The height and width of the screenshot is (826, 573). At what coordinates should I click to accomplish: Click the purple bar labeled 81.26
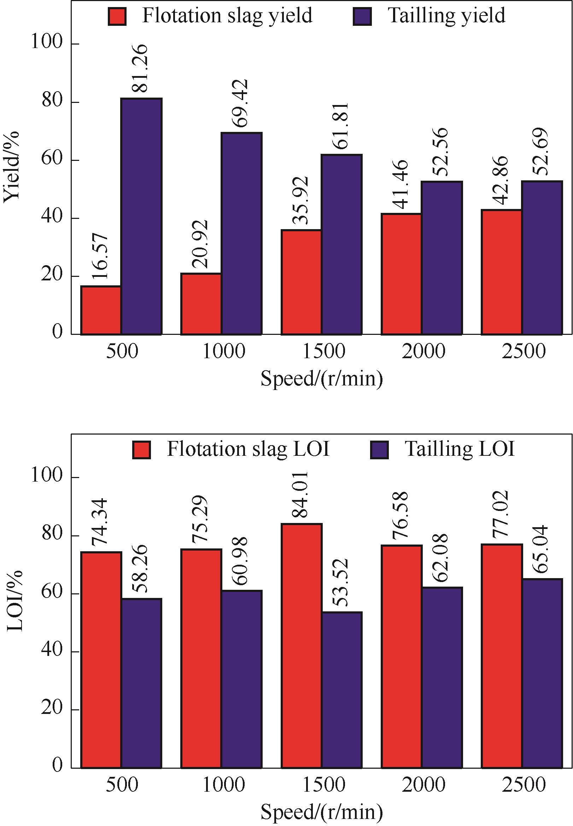pos(141,216)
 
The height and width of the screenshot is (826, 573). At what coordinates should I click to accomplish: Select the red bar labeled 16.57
pos(101,310)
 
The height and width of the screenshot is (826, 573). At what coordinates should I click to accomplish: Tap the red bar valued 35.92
pos(301,282)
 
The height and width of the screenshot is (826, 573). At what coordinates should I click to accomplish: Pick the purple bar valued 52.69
pos(542,258)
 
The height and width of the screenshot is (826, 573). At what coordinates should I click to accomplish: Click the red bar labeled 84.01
pos(301,646)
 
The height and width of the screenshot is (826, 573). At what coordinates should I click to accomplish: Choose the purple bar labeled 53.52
pos(342,690)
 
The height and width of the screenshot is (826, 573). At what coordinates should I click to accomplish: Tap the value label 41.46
pos(400,185)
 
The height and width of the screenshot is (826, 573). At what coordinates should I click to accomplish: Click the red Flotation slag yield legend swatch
pos(117,17)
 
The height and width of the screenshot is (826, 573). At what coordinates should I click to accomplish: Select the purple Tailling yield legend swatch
pos(362,17)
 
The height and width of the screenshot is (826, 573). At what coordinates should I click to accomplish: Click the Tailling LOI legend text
pos(460,449)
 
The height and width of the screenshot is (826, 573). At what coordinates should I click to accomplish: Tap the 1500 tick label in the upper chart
pos(324,351)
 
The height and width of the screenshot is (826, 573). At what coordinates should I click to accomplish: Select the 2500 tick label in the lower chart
pos(524,785)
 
